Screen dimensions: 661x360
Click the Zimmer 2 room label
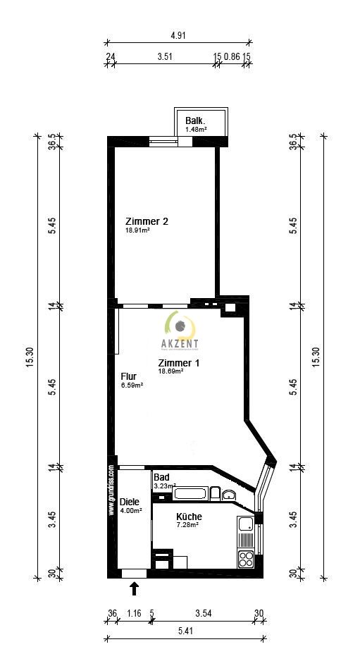[147, 221]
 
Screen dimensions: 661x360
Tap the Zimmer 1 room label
[178, 363]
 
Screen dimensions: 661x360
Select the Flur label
[128, 376]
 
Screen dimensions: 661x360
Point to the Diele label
[130, 501]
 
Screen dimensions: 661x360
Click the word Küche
[189, 517]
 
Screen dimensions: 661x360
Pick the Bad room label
[161, 477]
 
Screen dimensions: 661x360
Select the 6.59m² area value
[132, 385]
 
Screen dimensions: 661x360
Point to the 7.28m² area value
[187, 525]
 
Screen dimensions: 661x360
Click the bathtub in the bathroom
[192, 493]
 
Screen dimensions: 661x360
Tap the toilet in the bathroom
[228, 495]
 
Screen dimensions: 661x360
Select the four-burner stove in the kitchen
[246, 560]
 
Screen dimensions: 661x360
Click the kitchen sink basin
[246, 524]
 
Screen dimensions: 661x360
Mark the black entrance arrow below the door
[135, 587]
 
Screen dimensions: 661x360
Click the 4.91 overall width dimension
[178, 35]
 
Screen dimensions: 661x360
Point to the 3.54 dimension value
[203, 614]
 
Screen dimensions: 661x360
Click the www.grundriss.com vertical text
[111, 490]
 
